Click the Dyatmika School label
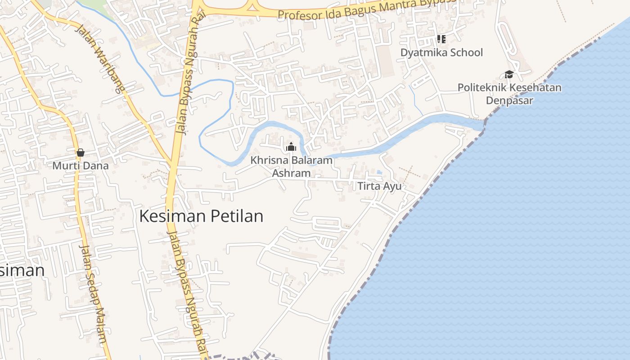441,53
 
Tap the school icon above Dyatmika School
441,39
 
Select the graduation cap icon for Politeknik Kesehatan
509,74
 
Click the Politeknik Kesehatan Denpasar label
509,94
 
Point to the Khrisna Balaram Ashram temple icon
291,147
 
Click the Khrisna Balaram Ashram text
292,166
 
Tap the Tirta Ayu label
379,186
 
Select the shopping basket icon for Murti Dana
81,153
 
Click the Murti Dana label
81,166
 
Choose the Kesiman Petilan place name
201,216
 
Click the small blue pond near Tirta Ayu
380,172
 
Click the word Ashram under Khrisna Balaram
292,173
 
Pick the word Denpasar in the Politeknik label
509,100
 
